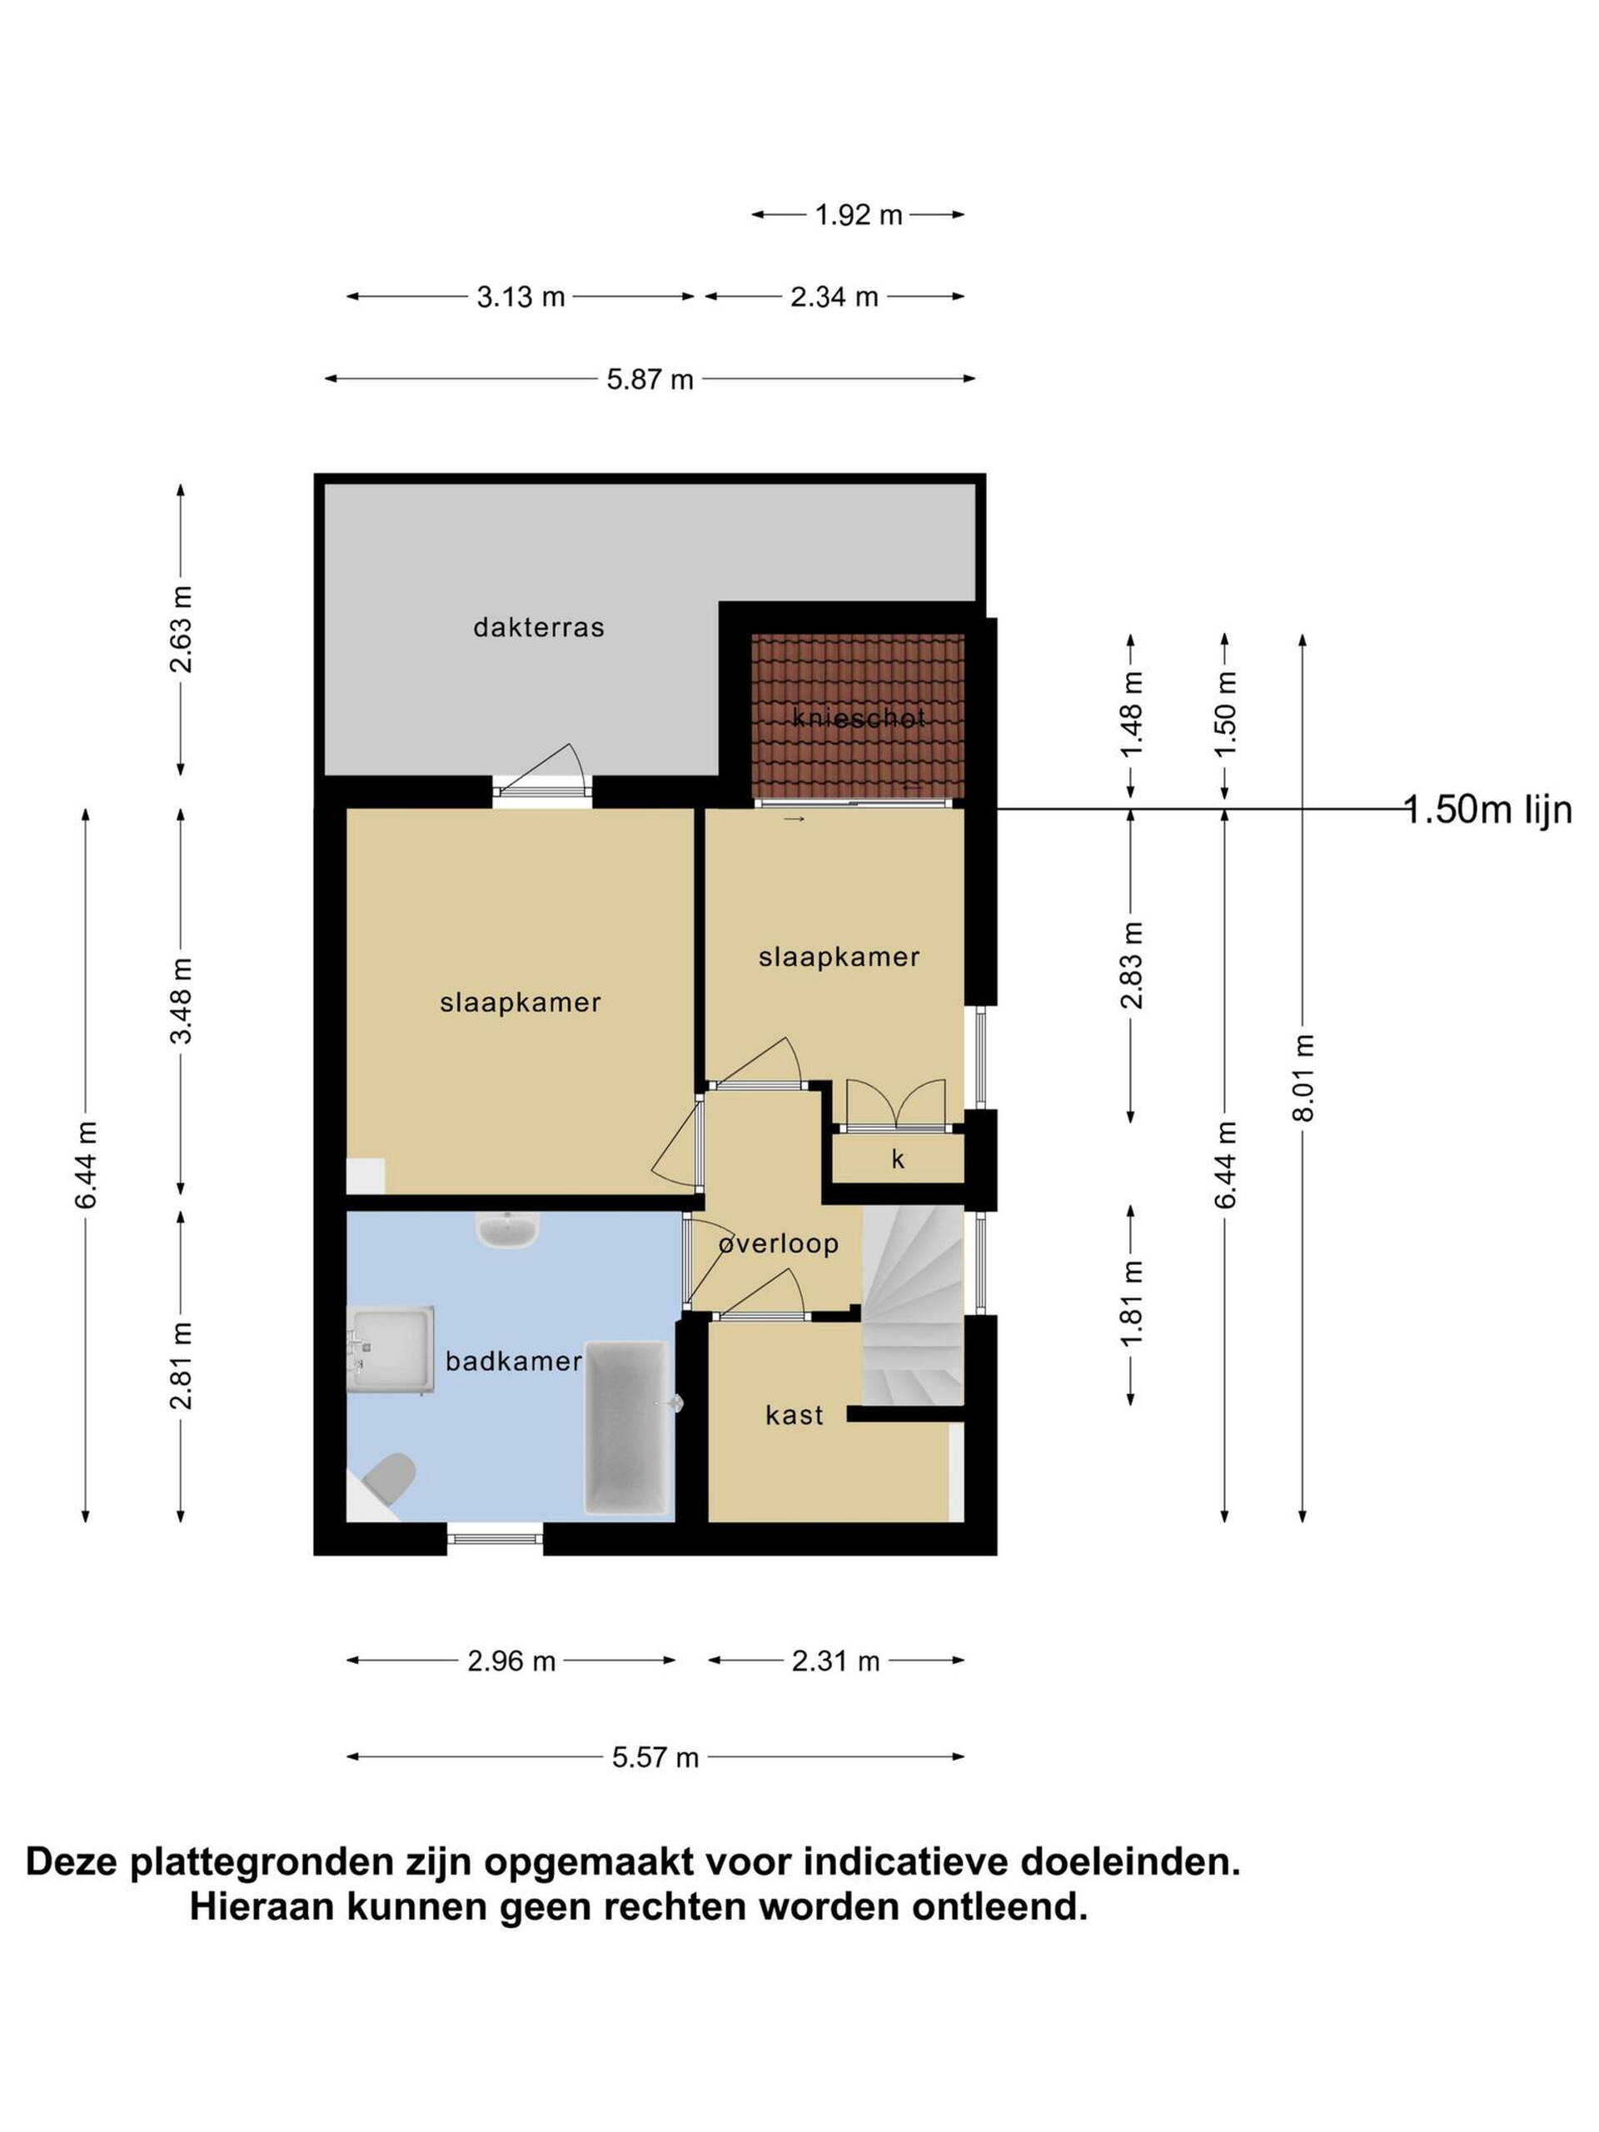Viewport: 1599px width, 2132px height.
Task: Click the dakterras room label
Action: (x=538, y=627)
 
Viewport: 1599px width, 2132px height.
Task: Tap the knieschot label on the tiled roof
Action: (x=858, y=717)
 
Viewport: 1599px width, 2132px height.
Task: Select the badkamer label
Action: (x=513, y=1361)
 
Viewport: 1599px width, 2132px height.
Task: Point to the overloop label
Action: (x=779, y=1243)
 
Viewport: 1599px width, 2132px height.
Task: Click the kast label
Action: (x=795, y=1415)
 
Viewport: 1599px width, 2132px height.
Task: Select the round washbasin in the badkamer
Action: (x=507, y=1229)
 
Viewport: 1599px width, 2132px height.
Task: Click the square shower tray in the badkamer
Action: (x=391, y=1348)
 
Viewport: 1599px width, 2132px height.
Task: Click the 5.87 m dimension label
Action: (x=650, y=380)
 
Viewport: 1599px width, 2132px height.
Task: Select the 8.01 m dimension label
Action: (x=1303, y=1078)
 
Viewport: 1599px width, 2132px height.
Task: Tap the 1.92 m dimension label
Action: (x=858, y=215)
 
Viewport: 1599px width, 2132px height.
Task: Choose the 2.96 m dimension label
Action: (x=511, y=1661)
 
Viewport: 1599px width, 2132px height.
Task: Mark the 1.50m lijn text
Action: (x=1487, y=809)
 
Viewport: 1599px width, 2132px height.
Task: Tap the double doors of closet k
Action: (x=895, y=1103)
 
